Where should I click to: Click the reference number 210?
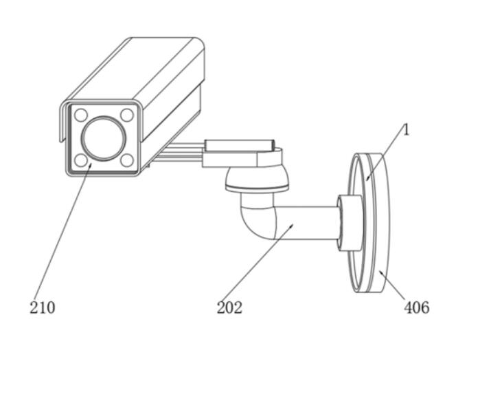43,307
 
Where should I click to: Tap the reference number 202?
229,307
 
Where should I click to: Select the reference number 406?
416,307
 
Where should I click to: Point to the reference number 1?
406,130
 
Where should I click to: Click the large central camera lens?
104,138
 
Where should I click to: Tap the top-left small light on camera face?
81,115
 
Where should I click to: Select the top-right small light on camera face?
127,115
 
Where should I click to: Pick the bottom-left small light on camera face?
81,160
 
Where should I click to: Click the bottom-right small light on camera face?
127,160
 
